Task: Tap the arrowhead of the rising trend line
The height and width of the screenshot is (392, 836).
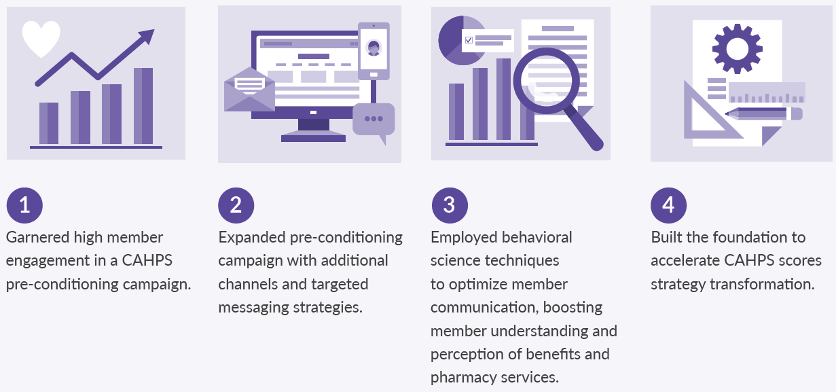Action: [147, 36]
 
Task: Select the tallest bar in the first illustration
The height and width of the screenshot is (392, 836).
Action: [143, 106]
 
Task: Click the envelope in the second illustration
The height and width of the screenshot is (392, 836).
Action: [249, 90]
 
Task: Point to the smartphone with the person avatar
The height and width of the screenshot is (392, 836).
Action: [374, 51]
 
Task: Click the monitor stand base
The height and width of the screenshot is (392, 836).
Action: [313, 139]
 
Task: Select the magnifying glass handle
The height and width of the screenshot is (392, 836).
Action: [584, 128]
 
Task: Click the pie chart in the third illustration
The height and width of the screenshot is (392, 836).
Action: [457, 40]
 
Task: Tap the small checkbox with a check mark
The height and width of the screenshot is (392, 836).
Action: [469, 40]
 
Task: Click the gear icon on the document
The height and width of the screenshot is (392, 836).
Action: [737, 48]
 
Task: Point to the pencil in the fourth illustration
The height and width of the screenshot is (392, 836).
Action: [763, 114]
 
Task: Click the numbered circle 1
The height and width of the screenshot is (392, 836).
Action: [24, 205]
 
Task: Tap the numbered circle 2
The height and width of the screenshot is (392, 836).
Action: [236, 205]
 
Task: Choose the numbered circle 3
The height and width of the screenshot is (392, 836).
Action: [450, 205]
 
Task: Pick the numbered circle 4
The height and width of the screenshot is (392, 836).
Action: [668, 205]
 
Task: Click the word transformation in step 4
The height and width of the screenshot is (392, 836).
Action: [762, 285]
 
